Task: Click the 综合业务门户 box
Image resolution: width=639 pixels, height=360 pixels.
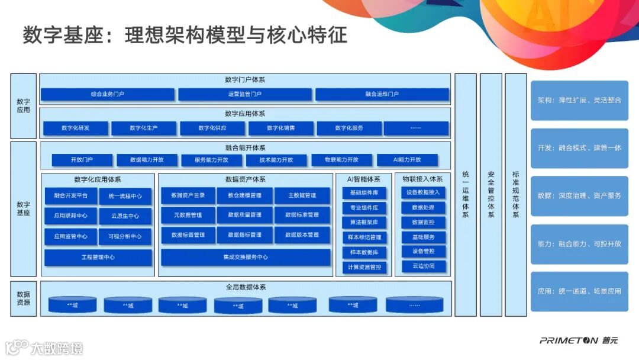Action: click(107, 94)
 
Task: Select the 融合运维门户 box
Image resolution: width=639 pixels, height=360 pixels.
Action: click(382, 94)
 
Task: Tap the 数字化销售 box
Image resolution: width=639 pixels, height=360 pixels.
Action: click(280, 128)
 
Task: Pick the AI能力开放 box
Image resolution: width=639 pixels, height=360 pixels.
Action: click(407, 160)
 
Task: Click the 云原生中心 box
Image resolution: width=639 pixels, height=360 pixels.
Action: click(124, 216)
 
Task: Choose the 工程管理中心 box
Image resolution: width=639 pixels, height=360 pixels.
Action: click(98, 258)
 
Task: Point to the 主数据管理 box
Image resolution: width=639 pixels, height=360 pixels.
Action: click(302, 195)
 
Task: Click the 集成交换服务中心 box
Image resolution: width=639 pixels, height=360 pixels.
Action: click(245, 258)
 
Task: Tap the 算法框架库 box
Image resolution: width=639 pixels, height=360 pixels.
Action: click(364, 222)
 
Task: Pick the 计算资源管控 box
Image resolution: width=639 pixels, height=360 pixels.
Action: click(364, 267)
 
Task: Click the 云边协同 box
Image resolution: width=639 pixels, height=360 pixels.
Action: click(423, 266)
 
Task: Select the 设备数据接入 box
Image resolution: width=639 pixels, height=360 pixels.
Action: click(423, 192)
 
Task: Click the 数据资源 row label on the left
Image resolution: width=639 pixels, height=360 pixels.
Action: click(24, 298)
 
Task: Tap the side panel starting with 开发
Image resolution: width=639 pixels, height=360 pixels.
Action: click(579, 148)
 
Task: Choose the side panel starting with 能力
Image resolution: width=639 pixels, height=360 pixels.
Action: click(579, 244)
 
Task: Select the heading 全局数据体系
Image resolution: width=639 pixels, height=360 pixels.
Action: click(245, 287)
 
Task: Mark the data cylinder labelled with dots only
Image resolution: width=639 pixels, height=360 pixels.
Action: click(414, 306)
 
